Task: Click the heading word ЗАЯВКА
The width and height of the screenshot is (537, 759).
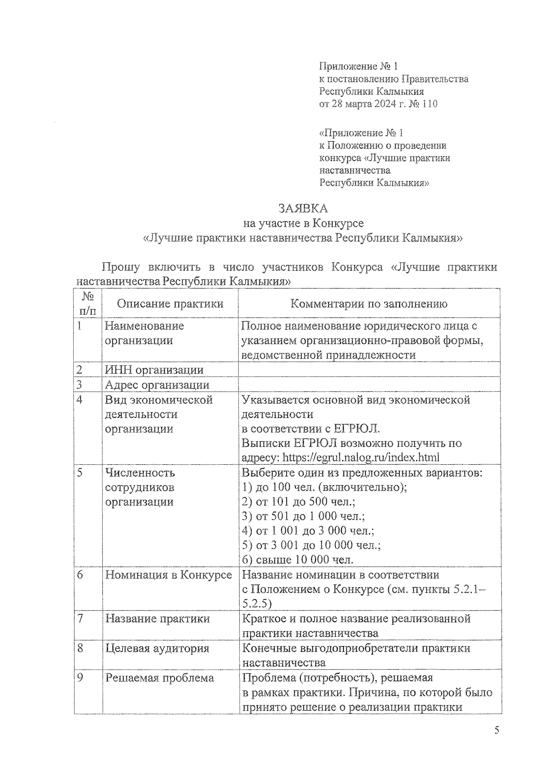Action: pos(303,208)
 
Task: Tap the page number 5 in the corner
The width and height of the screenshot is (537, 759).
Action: pos(496,731)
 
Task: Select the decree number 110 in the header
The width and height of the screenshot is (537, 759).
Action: pos(428,104)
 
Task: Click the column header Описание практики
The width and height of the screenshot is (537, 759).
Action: pos(170,304)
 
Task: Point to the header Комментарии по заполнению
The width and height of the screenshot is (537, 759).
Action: pos(369,304)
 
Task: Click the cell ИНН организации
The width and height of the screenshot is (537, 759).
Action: pos(154,370)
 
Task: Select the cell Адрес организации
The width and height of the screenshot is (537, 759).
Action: pos(157,385)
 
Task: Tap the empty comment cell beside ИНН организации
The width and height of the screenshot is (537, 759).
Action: pos(369,370)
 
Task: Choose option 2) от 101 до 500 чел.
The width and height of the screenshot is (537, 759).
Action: pos(298,501)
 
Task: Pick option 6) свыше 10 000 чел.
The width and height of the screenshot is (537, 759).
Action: pos(298,560)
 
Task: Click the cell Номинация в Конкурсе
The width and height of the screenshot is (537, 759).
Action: pos(168,575)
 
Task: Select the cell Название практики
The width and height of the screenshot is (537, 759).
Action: pos(158,619)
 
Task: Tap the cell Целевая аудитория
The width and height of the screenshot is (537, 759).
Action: pos(157,648)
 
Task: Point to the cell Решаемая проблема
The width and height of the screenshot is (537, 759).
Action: pos(159,678)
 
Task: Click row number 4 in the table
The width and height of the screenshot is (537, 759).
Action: pos(80,400)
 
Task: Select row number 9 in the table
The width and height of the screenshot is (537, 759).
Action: pos(80,678)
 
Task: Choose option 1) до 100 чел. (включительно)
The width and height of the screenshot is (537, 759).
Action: pos(324,487)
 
